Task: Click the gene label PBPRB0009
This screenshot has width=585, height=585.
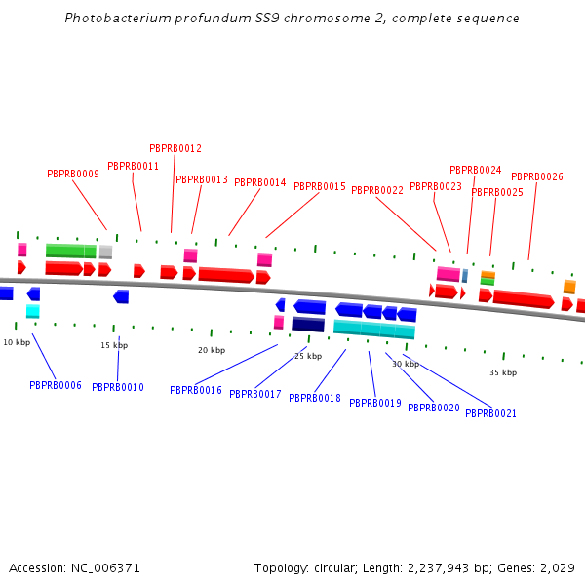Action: point(73,174)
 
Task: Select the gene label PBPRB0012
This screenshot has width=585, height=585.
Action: point(175,148)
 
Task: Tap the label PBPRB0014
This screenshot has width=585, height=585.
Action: point(260,182)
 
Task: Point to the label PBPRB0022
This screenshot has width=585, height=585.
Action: point(377,190)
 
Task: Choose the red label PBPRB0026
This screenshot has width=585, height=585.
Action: point(537,176)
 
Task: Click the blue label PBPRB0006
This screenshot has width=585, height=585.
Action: point(56,385)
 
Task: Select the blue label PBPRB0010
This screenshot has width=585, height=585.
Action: point(118,387)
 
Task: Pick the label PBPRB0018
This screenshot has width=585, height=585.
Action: point(315,398)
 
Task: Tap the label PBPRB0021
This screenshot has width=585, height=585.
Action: point(491,413)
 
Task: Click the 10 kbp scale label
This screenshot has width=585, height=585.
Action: point(17,342)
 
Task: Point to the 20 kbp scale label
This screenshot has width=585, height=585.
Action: point(212,350)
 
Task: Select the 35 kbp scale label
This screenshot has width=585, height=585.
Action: point(503,372)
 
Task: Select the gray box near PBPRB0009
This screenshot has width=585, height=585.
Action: point(105,252)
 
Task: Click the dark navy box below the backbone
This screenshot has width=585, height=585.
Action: point(308,325)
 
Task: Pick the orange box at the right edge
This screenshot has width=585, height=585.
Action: point(569,287)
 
